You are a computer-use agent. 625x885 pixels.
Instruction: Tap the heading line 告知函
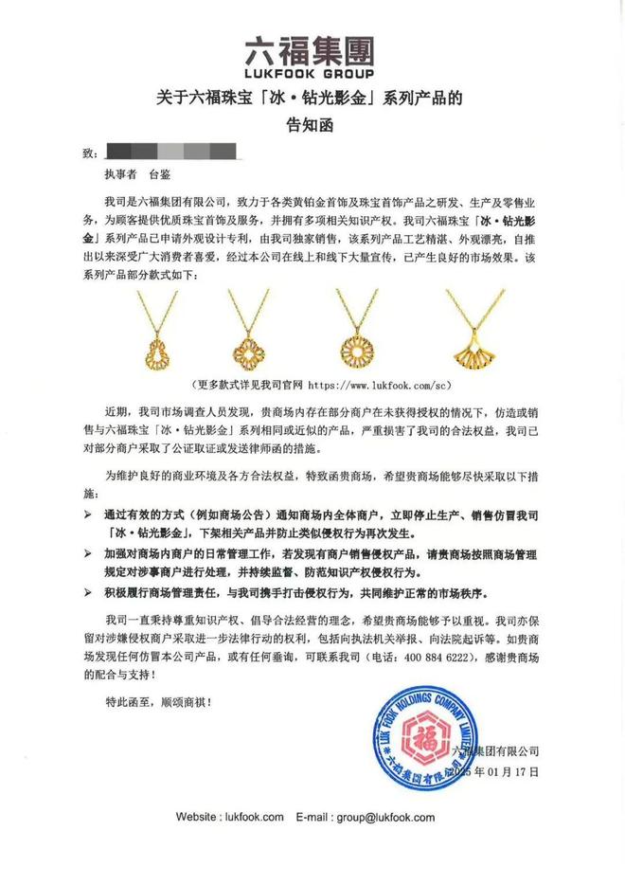click(x=312, y=122)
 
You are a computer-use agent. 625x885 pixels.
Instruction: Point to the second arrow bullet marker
click(x=89, y=551)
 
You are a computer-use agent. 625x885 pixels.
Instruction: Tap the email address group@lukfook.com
click(x=384, y=817)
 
